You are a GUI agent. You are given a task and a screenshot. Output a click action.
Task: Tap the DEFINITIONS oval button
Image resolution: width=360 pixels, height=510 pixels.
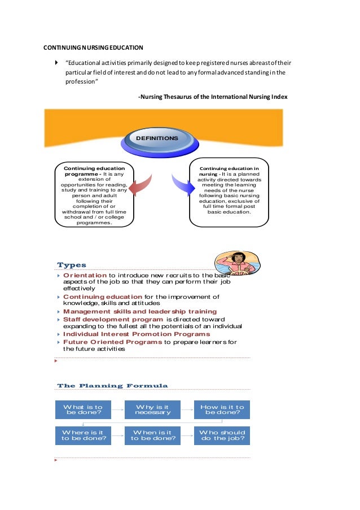[156, 138]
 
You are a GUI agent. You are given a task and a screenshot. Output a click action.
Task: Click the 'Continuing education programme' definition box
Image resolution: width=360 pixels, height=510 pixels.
[94, 195]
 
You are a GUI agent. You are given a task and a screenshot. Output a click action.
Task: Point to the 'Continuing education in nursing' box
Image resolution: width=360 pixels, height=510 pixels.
[229, 192]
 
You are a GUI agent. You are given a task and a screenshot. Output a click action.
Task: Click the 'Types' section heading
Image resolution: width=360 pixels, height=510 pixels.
[72, 265]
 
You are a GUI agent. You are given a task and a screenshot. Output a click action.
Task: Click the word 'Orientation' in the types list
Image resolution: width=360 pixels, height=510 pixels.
[85, 275]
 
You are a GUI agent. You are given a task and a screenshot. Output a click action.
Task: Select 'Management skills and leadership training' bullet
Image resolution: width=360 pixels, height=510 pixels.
[139, 311]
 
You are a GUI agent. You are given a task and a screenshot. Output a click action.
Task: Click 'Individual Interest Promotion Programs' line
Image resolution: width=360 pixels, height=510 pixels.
[136, 334]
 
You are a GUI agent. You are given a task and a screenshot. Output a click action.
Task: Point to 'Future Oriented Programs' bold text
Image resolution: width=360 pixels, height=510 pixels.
[112, 342]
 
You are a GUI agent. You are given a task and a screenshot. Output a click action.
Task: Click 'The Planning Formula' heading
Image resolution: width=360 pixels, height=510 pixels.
[112, 386]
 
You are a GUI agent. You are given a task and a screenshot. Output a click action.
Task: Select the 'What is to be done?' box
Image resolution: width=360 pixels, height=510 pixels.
[83, 409]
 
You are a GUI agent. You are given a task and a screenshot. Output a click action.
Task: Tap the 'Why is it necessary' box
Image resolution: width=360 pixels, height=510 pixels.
[152, 409]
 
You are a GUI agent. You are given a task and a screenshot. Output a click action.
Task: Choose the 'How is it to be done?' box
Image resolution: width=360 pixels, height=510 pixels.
[222, 409]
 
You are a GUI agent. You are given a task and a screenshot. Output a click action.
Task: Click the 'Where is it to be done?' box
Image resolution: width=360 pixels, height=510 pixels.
[83, 435]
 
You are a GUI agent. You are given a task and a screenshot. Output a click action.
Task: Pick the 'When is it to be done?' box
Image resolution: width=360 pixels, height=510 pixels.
[152, 435]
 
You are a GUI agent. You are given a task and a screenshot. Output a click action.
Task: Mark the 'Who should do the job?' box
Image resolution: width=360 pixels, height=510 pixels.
[222, 435]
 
